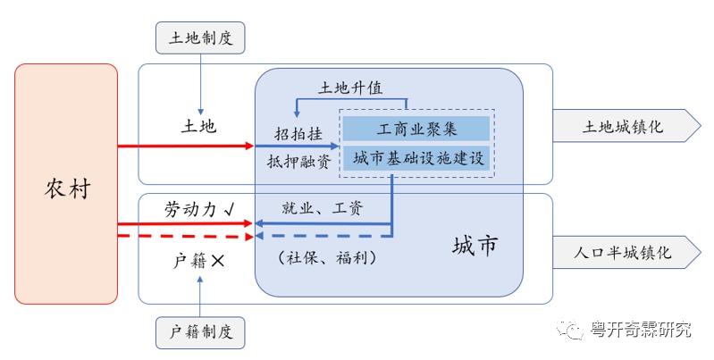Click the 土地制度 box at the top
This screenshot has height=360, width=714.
click(199, 38)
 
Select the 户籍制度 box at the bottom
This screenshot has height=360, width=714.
click(200, 332)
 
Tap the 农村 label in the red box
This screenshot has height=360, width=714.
click(67, 188)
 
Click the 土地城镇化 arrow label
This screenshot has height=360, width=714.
click(623, 127)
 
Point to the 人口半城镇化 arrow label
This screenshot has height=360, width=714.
click(623, 253)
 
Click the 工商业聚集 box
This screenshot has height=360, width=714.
click(417, 128)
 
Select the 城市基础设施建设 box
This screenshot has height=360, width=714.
click(417, 159)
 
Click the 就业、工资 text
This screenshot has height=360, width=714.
click(323, 208)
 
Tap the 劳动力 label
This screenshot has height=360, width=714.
click(193, 209)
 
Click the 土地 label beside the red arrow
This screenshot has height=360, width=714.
click(198, 126)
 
